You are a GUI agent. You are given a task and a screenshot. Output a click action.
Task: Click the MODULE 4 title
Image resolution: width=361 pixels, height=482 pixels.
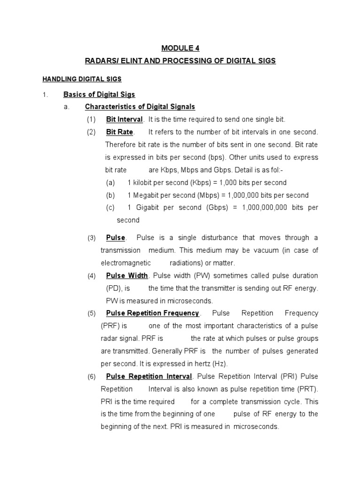point(177,48)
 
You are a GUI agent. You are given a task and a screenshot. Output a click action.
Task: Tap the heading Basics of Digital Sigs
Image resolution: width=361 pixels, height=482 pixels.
point(99,95)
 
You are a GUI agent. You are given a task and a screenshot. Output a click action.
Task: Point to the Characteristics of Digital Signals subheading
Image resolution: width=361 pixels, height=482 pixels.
point(140,107)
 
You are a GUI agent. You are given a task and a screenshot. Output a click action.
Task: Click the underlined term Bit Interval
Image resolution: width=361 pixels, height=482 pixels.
point(125,120)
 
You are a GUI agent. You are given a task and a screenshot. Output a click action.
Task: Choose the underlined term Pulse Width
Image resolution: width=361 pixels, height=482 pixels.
point(127,276)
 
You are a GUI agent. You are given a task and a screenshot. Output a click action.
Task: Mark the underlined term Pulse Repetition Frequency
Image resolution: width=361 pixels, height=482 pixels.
point(153,313)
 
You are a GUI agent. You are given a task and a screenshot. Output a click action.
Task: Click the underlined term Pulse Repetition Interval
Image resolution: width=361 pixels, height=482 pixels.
point(149,377)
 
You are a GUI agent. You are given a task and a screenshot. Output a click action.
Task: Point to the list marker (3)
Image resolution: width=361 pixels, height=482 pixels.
point(91,238)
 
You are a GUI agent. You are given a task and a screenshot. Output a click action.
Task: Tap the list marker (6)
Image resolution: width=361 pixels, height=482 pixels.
point(91,377)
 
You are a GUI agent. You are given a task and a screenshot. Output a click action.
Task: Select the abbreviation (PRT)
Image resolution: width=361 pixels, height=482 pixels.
point(307,389)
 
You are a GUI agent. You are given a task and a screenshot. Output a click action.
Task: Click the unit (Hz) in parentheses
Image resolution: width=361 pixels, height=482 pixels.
point(219,364)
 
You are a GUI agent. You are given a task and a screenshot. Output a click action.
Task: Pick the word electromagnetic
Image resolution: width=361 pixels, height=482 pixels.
point(126,263)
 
